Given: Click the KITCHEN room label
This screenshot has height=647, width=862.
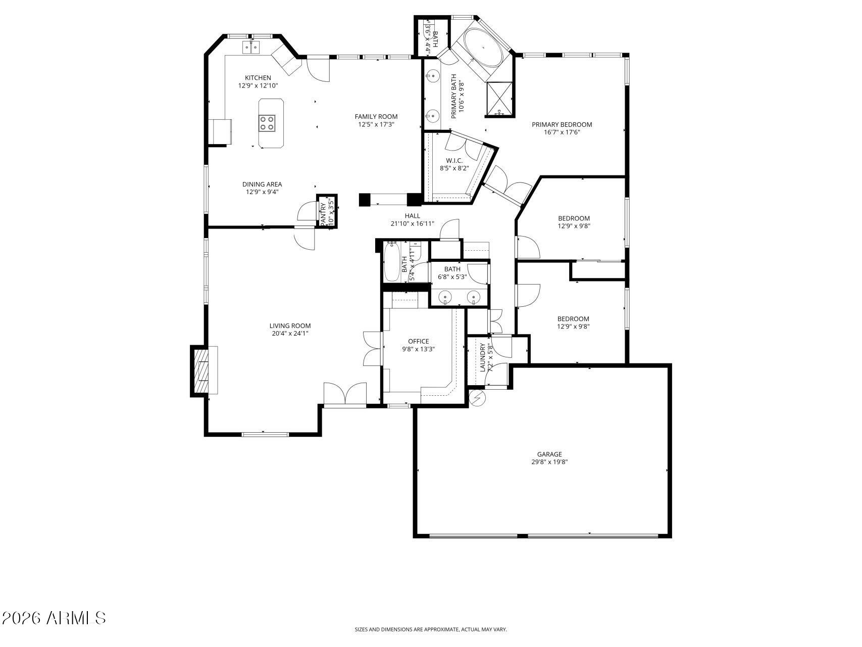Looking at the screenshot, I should tap(258, 78).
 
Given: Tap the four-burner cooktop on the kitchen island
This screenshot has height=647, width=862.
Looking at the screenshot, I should tap(267, 123).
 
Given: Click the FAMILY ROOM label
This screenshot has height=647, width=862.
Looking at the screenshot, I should tap(376, 117).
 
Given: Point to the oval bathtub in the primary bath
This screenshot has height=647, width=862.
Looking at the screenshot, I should tap(483, 47).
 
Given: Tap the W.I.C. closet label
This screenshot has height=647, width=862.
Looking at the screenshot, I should tap(454, 161).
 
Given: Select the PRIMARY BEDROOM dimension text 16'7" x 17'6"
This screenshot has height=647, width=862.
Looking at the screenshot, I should tap(562, 132).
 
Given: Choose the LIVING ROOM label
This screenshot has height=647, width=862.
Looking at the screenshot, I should tap(290, 326).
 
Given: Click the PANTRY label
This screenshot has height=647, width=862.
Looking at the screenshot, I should tap(323, 213).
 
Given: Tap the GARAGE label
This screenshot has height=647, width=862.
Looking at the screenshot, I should tap(549, 454).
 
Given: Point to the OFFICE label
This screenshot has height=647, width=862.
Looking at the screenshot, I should tap(418, 341).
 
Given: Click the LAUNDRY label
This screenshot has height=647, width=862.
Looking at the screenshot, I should tap(482, 357).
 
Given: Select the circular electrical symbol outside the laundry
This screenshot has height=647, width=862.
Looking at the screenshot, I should tap(477, 398).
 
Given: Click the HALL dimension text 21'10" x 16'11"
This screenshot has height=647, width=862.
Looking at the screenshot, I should tap(412, 223).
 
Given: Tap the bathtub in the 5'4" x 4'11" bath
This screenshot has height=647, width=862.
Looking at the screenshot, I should tap(392, 263).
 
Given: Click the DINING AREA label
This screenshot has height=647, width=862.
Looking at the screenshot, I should tap(262, 184).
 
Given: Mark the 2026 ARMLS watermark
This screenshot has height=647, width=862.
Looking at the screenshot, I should tap(54, 618).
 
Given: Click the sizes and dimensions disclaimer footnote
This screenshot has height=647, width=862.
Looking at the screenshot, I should tap(430, 629).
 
